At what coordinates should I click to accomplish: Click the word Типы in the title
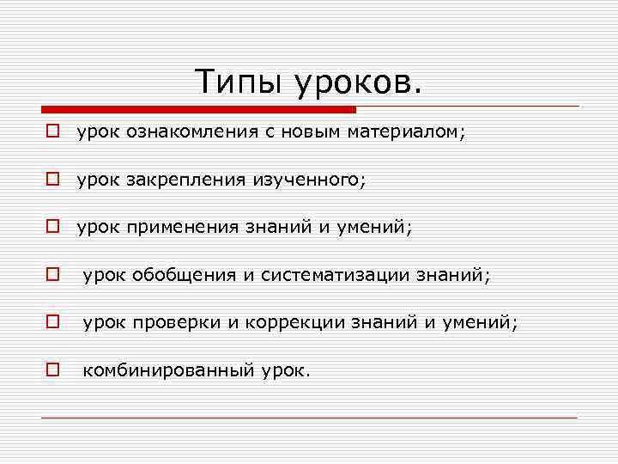pyautogui.click(x=239, y=82)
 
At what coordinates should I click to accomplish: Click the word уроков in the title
pyautogui.click(x=359, y=82)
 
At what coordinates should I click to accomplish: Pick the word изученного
pyautogui.click(x=308, y=180)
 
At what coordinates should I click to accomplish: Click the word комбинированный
pyautogui.click(x=170, y=370)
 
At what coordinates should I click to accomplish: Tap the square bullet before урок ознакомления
pyautogui.click(x=52, y=132)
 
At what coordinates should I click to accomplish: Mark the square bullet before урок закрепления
pyautogui.click(x=52, y=180)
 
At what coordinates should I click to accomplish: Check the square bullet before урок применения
pyautogui.click(x=52, y=228)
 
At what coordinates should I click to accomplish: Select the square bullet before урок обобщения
pyautogui.click(x=52, y=275)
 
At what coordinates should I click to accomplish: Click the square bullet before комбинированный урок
pyautogui.click(x=52, y=370)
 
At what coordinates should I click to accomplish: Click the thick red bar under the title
pyautogui.click(x=197, y=110)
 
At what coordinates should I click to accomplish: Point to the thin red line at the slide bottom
pyautogui.click(x=309, y=418)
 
